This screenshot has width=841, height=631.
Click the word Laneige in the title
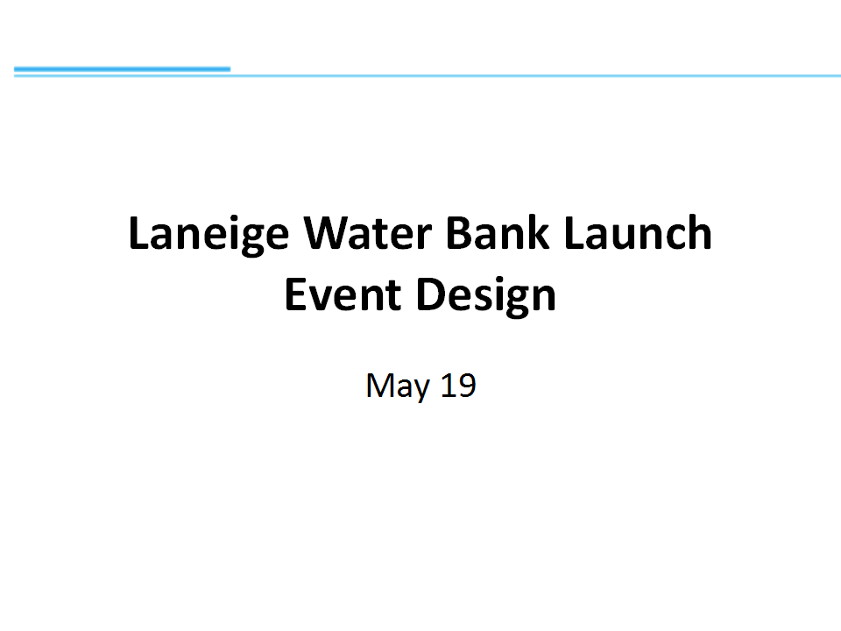click(208, 235)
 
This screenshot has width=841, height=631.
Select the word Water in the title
click(367, 233)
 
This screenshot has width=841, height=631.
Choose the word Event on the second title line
click(343, 294)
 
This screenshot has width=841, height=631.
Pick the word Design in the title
click(486, 296)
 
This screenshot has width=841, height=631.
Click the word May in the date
click(398, 386)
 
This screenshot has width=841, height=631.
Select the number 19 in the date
click(458, 385)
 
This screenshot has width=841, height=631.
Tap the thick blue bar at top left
click(123, 69)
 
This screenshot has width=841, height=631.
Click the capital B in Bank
click(459, 233)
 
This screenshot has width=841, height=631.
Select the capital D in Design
click(431, 294)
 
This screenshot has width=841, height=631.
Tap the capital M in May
click(379, 386)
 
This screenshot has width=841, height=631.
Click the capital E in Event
click(296, 294)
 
